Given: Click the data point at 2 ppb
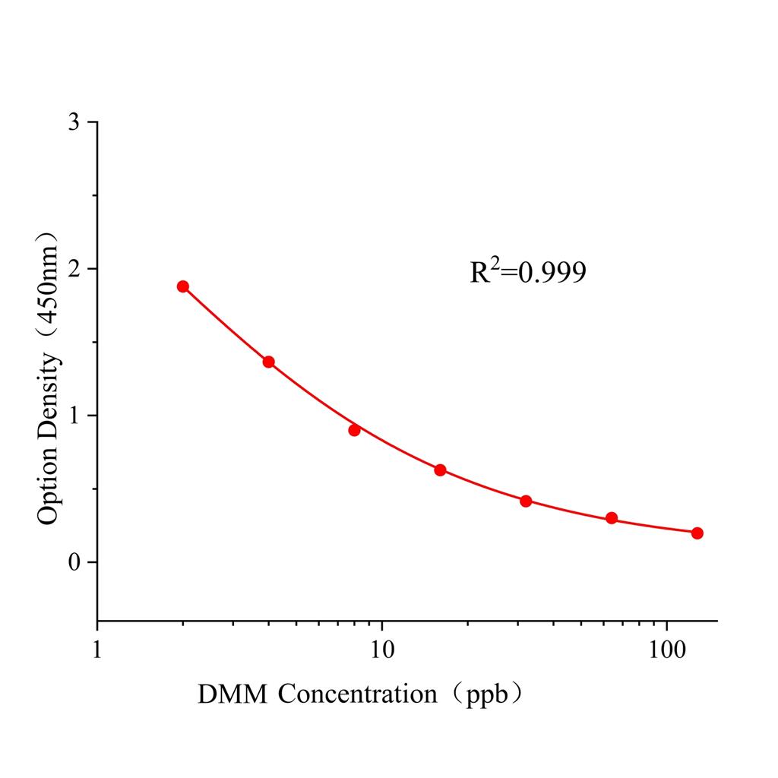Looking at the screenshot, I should pyautogui.click(x=182, y=286).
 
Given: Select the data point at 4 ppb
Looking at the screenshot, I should pyautogui.click(x=268, y=362).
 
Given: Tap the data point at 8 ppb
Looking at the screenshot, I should pyautogui.click(x=354, y=430).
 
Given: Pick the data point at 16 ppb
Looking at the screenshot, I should pyautogui.click(x=440, y=470).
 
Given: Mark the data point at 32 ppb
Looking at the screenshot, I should pyautogui.click(x=526, y=501).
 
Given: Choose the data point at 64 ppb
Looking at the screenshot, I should pyautogui.click(x=612, y=518).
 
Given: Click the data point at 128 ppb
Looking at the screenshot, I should pyautogui.click(x=697, y=533).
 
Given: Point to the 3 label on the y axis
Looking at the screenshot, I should pyautogui.click(x=74, y=122).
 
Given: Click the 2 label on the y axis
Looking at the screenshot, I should pyautogui.click(x=74, y=269).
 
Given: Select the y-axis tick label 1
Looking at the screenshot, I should pyautogui.click(x=74, y=416).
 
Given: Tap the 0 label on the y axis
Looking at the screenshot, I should pyautogui.click(x=74, y=562).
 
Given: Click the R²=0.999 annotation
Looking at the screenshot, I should pyautogui.click(x=527, y=271).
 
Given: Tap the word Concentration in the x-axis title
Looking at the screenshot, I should pyautogui.click(x=357, y=694).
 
